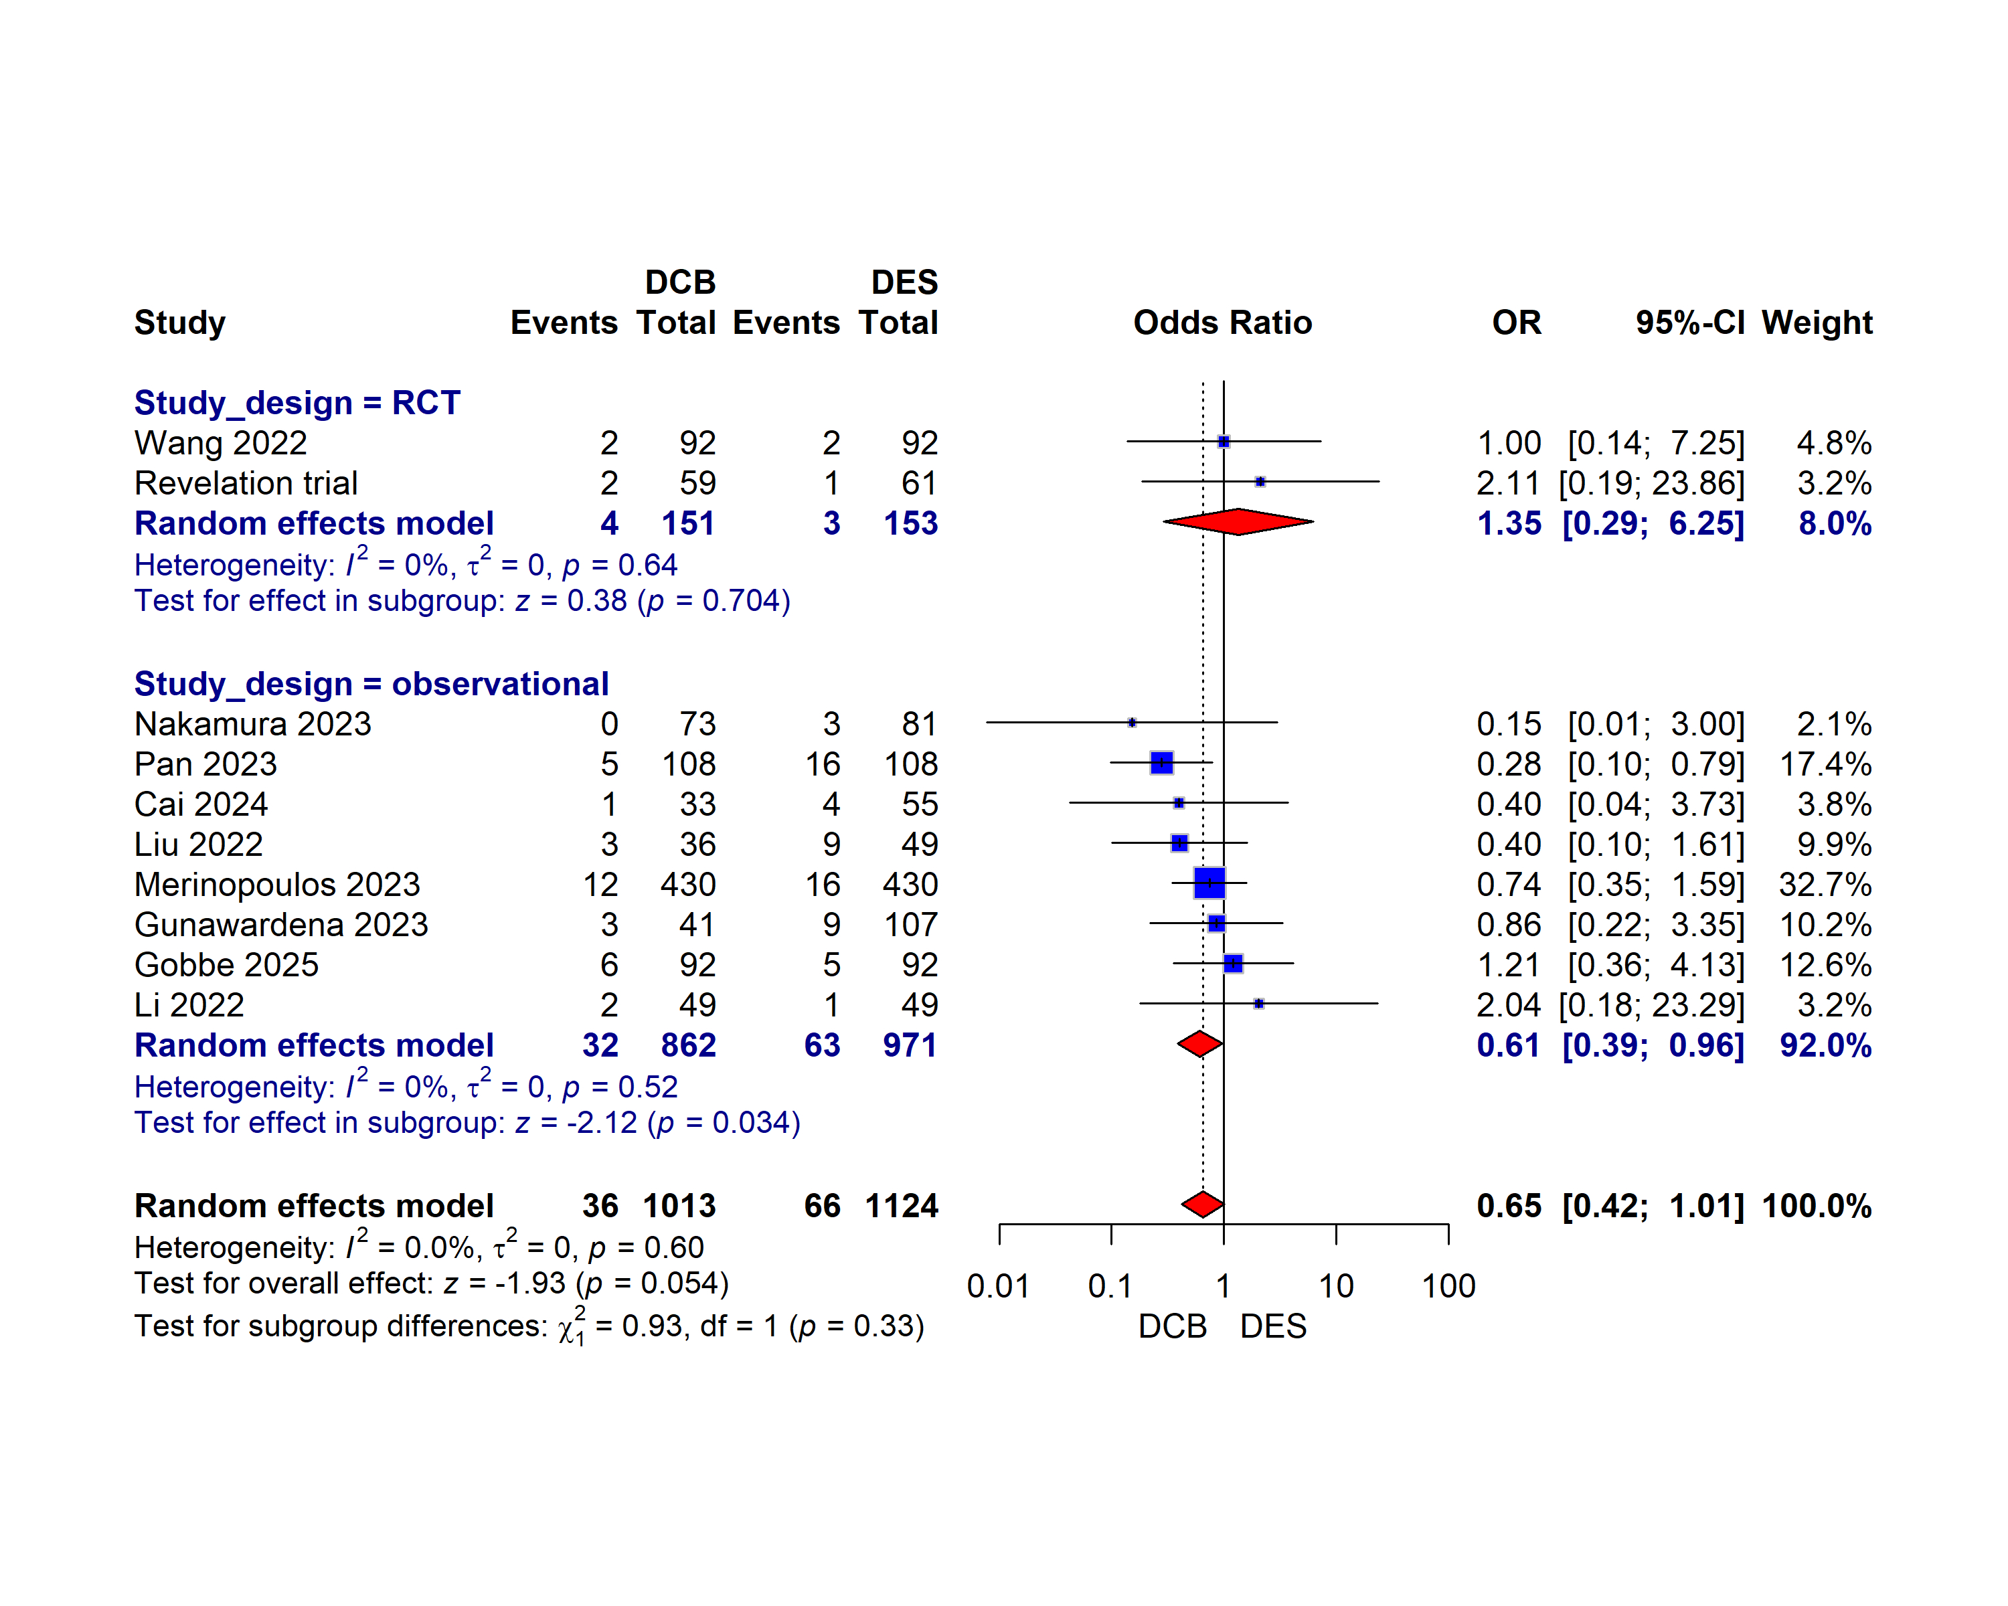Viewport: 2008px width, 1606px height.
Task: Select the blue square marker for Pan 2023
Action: [1161, 764]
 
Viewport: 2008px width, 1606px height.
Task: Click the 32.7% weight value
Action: [1825, 885]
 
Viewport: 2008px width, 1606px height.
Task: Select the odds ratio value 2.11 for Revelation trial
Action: [1508, 483]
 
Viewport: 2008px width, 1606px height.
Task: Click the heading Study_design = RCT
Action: [297, 402]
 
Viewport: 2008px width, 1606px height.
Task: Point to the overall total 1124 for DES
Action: [901, 1206]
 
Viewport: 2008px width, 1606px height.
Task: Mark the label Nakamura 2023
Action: [252, 723]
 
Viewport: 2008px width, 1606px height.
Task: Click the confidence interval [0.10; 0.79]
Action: [1655, 764]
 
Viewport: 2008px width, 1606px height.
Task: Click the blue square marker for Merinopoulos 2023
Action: [1209, 883]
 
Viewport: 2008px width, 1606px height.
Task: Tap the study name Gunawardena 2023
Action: [280, 925]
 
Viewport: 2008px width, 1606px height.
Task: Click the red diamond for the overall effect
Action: [1202, 1204]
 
